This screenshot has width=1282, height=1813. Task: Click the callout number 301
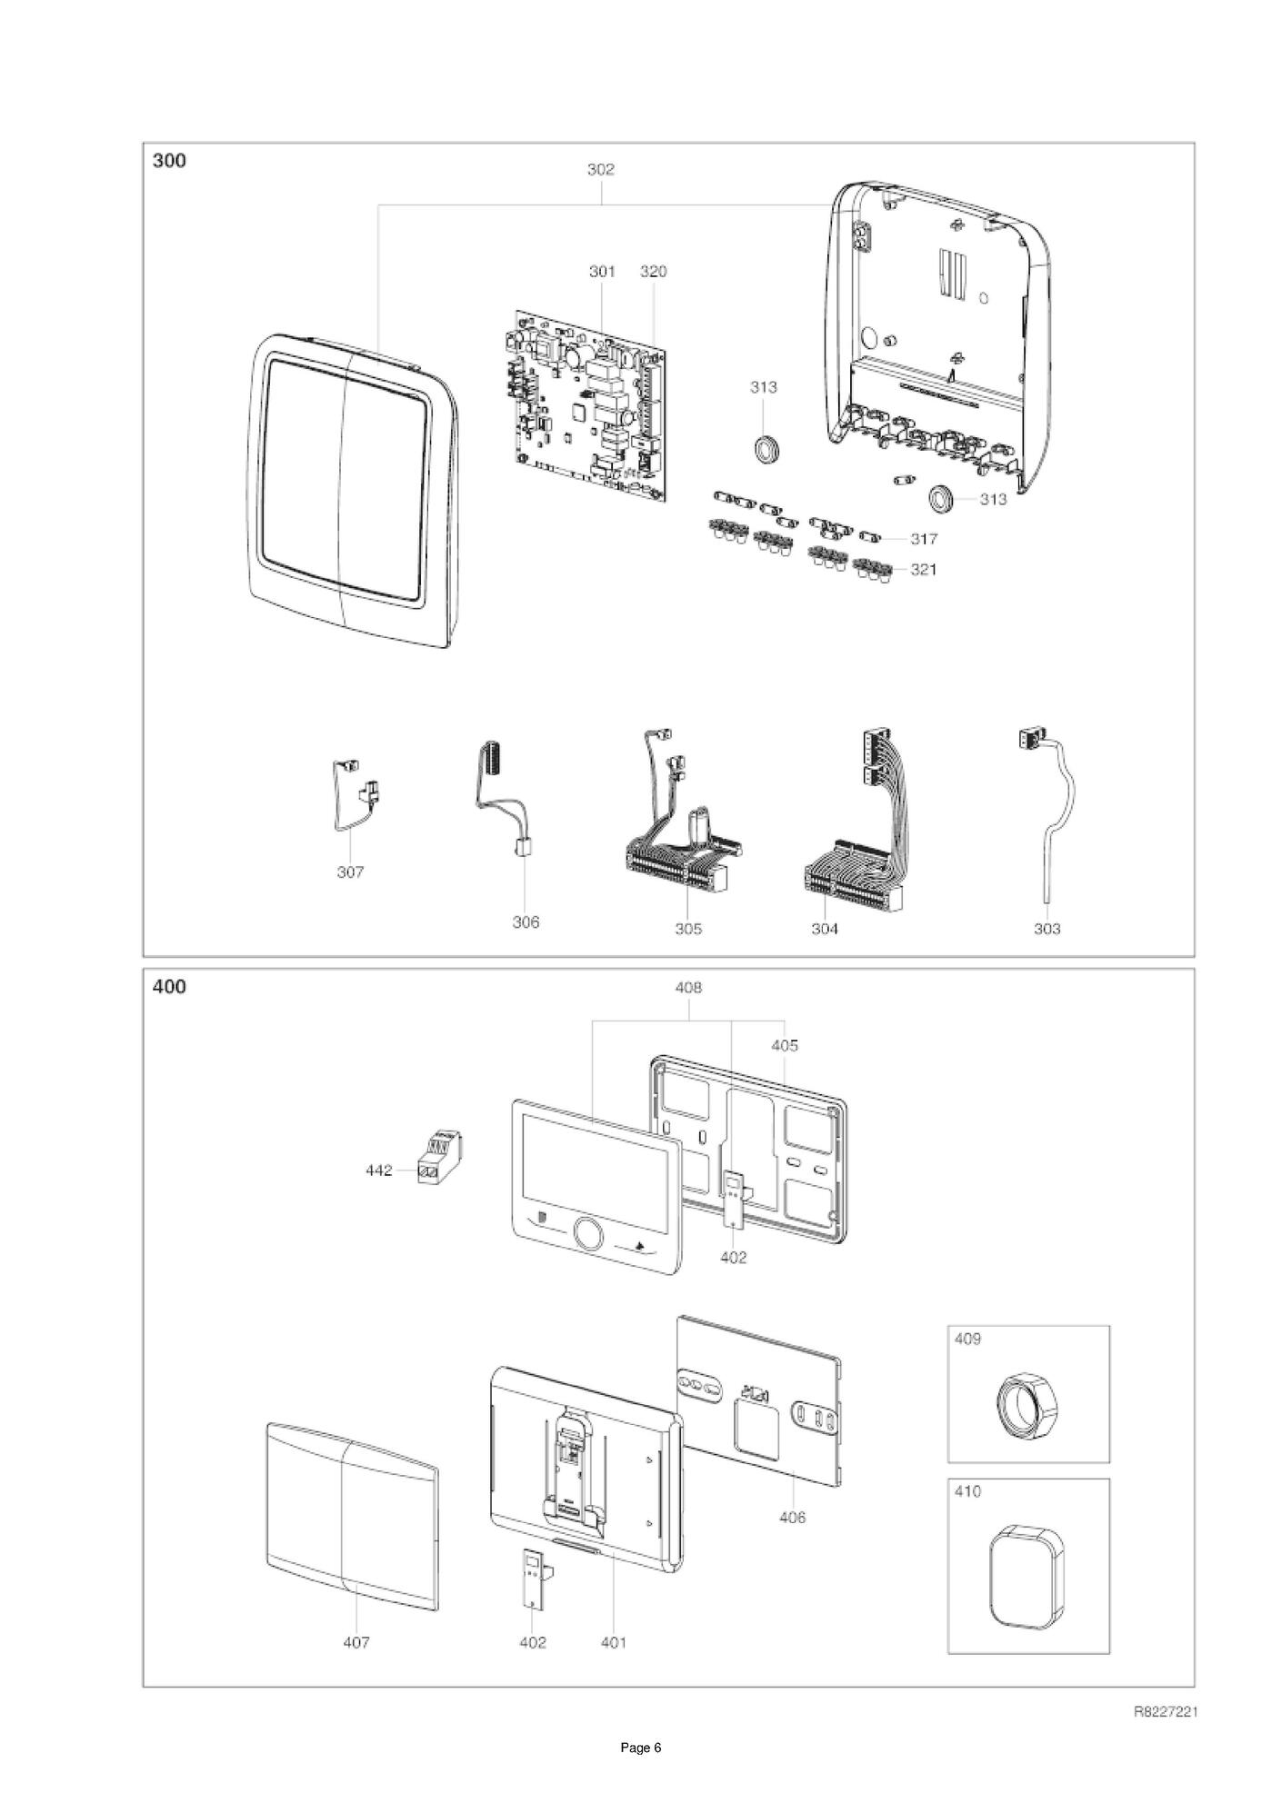click(x=602, y=271)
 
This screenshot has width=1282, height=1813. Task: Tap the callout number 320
click(x=653, y=271)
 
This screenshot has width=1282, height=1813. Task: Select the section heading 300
click(x=169, y=161)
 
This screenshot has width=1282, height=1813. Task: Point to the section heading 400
click(x=169, y=986)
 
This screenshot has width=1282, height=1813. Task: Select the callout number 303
click(x=1047, y=929)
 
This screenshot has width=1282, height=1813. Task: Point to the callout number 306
click(x=526, y=921)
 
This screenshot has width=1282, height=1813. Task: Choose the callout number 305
click(x=688, y=929)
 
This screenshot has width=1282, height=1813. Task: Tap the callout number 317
click(x=924, y=539)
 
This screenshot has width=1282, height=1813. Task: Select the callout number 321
click(x=924, y=570)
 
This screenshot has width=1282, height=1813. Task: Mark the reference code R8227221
click(x=1166, y=1712)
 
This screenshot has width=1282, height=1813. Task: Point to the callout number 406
click(x=793, y=1517)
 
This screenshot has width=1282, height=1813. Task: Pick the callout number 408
click(x=688, y=987)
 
